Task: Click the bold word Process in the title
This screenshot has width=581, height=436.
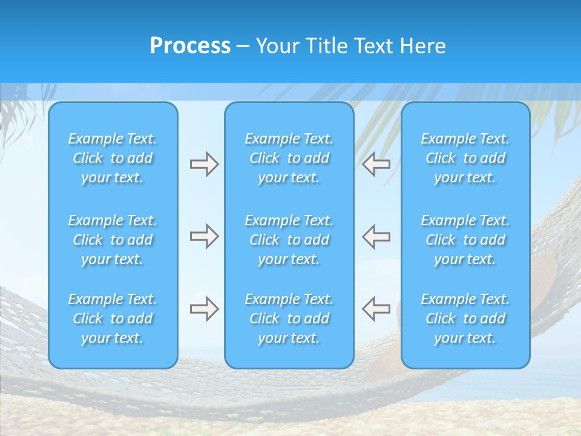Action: point(190,46)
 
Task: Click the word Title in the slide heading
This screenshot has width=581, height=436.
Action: point(326,46)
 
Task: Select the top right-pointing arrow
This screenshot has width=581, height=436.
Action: point(204,164)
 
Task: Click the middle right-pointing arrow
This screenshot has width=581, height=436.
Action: point(204,236)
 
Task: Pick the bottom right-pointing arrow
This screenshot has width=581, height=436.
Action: point(204,308)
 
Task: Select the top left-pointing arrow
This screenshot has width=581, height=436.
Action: point(376,164)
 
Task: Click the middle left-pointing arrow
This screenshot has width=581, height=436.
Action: point(376,236)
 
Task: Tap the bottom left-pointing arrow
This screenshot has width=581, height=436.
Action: point(376,308)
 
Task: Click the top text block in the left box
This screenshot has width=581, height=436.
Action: point(113,158)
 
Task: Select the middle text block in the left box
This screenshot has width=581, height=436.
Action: point(113,240)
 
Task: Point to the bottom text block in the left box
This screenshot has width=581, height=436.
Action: point(113,319)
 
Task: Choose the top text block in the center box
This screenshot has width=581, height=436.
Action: point(289,158)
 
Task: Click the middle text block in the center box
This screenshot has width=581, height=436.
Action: point(289,240)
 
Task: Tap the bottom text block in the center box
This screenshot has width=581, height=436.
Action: point(289,319)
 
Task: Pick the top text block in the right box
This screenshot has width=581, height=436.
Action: point(465,158)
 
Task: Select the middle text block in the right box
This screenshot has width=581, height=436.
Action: point(465,240)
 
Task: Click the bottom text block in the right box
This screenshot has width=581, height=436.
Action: point(465,319)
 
